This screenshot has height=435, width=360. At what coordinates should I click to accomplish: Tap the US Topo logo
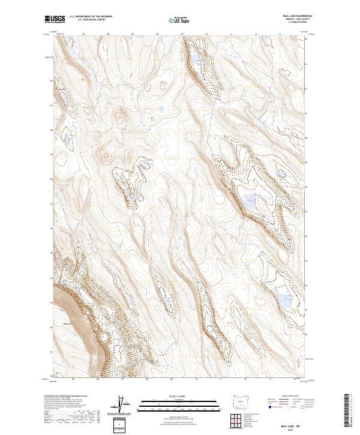pyautogui.click(x=182, y=20)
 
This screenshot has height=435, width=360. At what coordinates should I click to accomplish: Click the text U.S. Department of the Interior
pyautogui.click(x=91, y=17)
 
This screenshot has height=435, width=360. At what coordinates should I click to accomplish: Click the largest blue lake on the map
pyautogui.click(x=248, y=203)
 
